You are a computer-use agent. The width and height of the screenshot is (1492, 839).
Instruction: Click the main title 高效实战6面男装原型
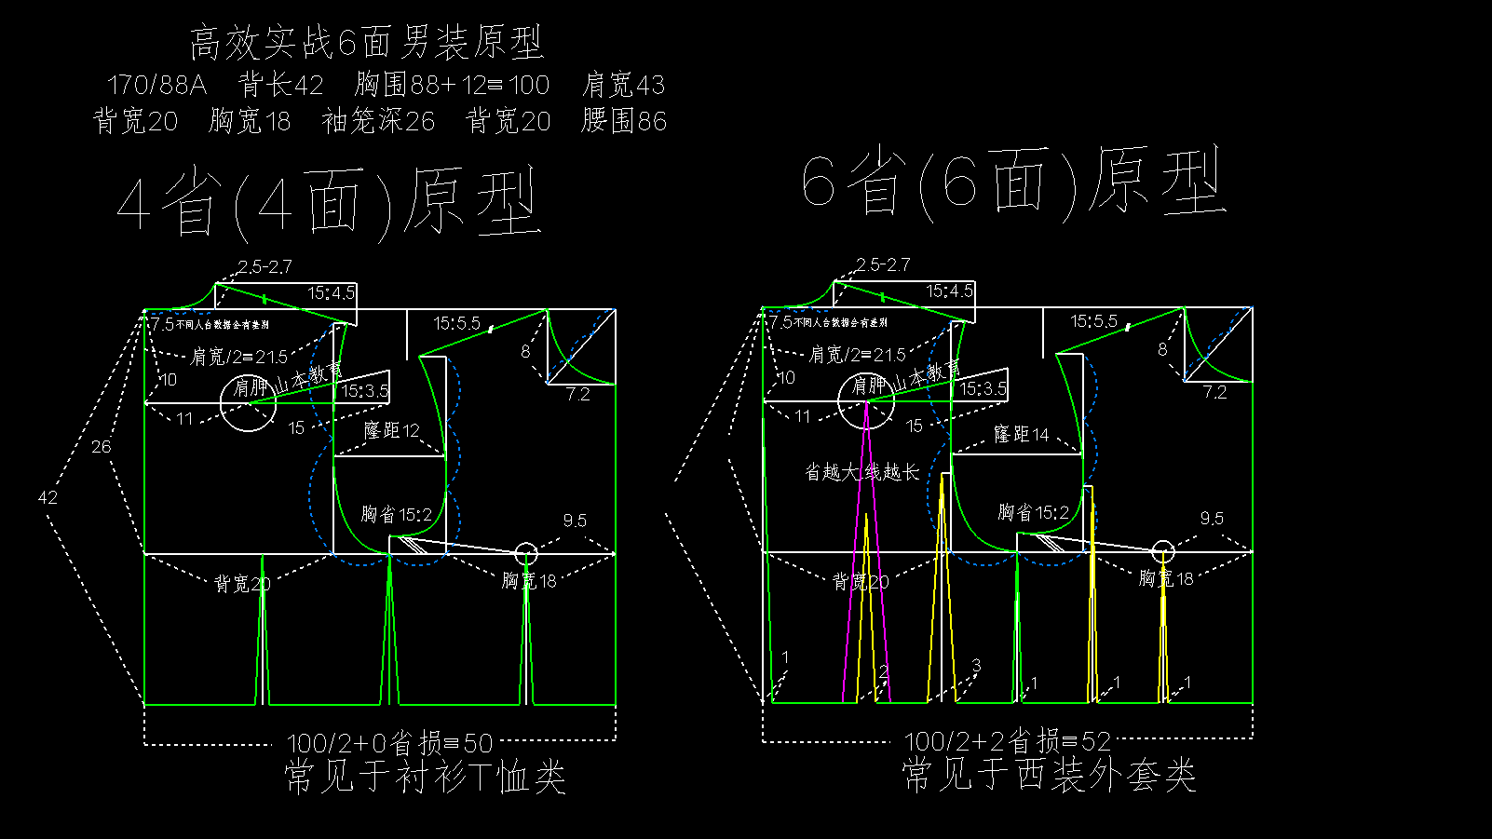click(366, 43)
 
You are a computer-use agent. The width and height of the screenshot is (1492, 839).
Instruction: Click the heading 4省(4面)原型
click(329, 204)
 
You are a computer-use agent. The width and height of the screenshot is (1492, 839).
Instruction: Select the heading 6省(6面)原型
click(1013, 183)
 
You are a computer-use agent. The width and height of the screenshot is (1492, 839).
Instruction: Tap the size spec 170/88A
click(156, 86)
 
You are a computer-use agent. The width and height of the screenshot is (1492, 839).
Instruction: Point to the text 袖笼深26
click(378, 121)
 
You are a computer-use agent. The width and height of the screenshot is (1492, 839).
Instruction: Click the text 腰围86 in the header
click(624, 121)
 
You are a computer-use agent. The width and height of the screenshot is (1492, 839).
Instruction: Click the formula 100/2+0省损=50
click(389, 743)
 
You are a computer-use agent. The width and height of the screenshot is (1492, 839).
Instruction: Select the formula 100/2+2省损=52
click(1008, 741)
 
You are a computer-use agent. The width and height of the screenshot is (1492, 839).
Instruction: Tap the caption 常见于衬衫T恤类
click(425, 777)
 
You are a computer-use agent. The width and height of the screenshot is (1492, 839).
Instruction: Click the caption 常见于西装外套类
click(1049, 775)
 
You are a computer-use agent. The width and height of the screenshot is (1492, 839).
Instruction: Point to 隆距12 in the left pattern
click(392, 430)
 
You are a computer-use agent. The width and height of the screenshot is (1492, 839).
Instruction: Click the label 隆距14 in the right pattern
click(1021, 434)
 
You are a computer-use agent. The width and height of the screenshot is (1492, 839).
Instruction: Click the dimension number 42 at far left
click(47, 497)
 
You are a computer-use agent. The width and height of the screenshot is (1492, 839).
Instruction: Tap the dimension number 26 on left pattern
click(101, 447)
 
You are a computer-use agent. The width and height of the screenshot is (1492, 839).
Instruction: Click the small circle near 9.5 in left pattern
click(526, 553)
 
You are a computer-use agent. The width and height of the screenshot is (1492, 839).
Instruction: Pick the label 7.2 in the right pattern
click(1214, 392)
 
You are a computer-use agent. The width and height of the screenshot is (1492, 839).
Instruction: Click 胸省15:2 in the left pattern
click(396, 514)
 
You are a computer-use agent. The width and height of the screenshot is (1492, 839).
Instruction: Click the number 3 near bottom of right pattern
click(976, 665)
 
